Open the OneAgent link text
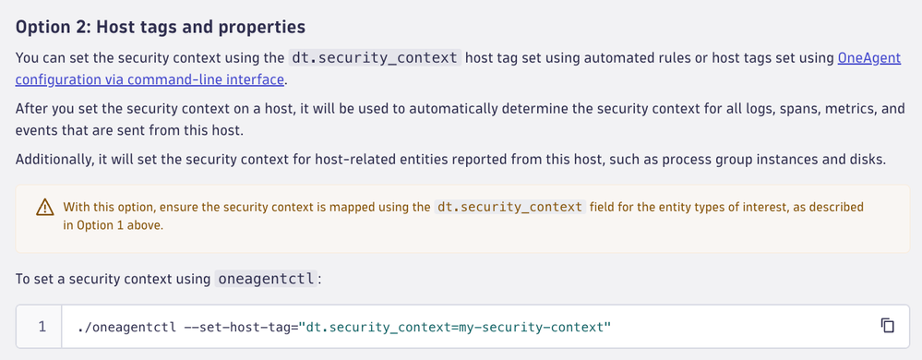pos(869,58)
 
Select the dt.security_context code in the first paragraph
pos(375,58)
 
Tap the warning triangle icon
pos(44,207)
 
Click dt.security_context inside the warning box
pos(509,207)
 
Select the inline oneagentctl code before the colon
pos(265,279)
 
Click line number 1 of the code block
pos(42,327)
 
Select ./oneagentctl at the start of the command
pos(126,327)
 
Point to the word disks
pos(868,160)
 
